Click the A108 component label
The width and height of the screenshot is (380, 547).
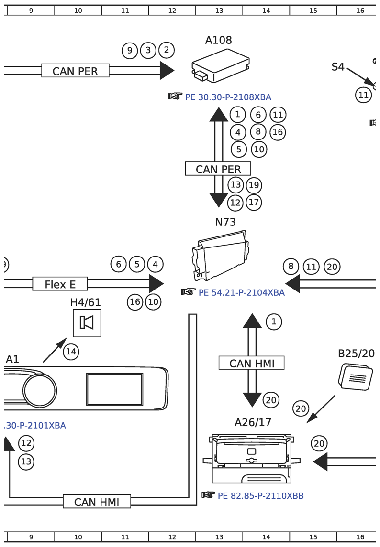[218, 40]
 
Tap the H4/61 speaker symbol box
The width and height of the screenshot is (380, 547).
[87, 322]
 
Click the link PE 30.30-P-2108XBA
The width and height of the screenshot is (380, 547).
[228, 97]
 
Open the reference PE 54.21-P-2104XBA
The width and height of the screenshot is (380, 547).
[242, 292]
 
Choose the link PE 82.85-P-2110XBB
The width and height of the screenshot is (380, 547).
[260, 496]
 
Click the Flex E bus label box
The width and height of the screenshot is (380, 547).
[60, 284]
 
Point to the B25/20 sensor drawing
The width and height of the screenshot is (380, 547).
[355, 377]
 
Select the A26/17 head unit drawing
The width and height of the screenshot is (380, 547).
[251, 459]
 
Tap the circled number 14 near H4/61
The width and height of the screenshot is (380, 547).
[71, 352]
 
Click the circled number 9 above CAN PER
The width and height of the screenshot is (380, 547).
[130, 51]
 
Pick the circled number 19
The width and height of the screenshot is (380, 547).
[254, 185]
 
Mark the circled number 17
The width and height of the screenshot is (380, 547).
[254, 203]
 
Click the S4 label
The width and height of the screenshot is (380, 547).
[338, 66]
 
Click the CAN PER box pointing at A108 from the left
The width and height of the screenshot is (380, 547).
[75, 71]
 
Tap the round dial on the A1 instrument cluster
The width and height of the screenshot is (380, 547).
[40, 390]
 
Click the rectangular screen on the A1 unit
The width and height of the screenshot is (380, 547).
[115, 389]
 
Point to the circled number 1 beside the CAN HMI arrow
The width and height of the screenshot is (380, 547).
[274, 322]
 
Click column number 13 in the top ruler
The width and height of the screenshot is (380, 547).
[219, 11]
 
